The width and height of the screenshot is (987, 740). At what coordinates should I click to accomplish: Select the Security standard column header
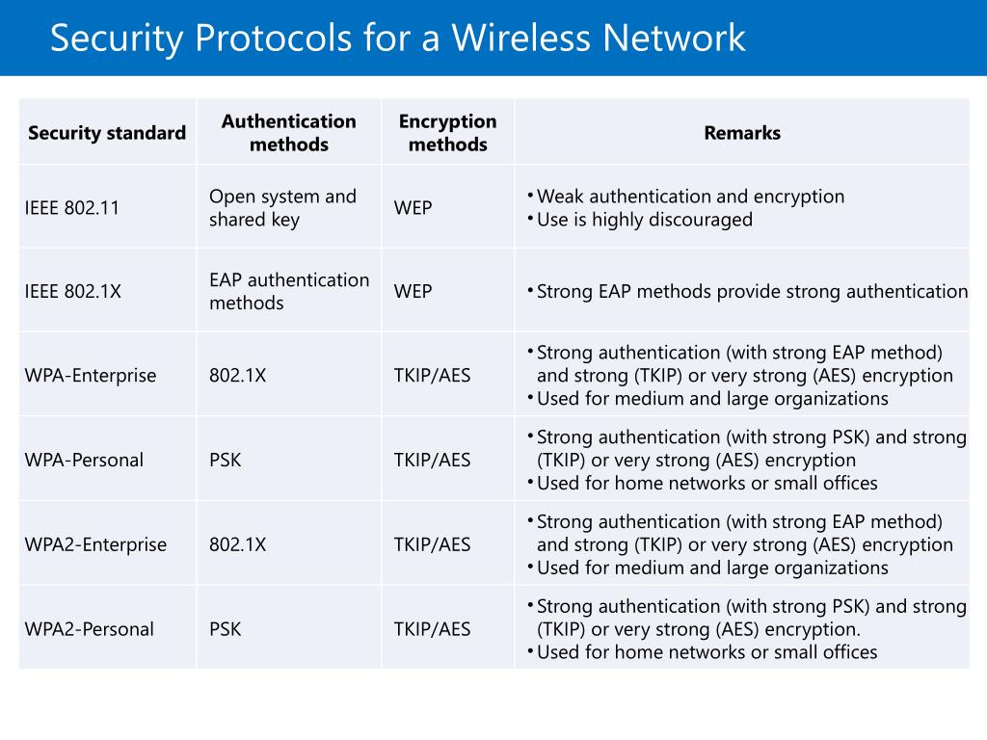[x=107, y=133]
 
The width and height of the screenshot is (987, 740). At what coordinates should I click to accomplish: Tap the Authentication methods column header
[x=288, y=133]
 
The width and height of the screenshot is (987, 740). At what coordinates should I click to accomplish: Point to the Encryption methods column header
[x=447, y=133]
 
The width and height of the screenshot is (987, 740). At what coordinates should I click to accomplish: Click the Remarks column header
[x=741, y=133]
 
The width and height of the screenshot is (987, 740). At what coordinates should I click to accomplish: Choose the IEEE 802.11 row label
[x=72, y=207]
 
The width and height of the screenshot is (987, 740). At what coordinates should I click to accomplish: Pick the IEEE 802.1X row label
[x=73, y=291]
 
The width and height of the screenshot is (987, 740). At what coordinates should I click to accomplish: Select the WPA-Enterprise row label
[x=91, y=376]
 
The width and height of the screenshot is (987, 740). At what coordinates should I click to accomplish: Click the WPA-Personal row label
[x=84, y=460]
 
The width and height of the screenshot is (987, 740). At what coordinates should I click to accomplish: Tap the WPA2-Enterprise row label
[x=95, y=544]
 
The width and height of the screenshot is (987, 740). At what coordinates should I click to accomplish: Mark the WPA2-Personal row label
[x=89, y=629]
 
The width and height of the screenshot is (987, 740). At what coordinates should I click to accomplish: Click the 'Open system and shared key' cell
[x=282, y=207]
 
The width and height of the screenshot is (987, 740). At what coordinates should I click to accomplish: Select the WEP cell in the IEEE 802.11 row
[x=413, y=207]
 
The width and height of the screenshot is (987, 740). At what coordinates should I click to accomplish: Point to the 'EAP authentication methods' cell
[x=288, y=291]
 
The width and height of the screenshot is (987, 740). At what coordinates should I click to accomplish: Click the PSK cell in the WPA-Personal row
[x=225, y=460]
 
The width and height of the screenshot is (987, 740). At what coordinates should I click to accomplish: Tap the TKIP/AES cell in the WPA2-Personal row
[x=432, y=629]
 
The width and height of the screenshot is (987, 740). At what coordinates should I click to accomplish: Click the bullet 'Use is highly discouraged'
[x=644, y=220]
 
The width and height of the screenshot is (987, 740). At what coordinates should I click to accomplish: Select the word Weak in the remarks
[x=560, y=197]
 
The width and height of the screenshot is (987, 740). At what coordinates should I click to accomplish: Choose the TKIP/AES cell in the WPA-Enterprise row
[x=432, y=376]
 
